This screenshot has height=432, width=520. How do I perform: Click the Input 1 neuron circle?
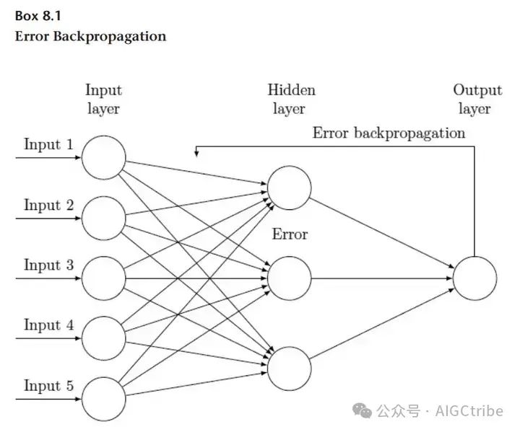[103, 157]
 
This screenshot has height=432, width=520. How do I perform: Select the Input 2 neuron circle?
[103, 217]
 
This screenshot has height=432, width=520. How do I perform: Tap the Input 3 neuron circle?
[103, 277]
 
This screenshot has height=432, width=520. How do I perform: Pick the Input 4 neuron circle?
[103, 337]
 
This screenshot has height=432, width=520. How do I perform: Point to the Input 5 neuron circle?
[103, 397]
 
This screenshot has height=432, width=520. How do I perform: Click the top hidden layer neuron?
[289, 187]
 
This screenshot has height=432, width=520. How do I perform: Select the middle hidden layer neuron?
[289, 277]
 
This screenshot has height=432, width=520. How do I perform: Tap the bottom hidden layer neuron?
[289, 368]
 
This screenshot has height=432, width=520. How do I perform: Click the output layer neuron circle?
[474, 278]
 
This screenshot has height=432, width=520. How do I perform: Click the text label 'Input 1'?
[48, 144]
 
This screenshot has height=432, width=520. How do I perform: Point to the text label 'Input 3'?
[48, 265]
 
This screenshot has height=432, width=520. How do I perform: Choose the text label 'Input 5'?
[48, 385]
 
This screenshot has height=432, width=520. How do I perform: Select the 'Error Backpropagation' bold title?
[90, 35]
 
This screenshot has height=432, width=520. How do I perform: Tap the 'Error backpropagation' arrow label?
[389, 133]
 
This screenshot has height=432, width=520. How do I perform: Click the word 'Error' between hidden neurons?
[290, 234]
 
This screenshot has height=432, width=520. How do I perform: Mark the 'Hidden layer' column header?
[291, 100]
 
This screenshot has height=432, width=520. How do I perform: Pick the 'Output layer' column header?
[477, 100]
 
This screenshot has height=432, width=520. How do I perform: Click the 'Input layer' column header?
[103, 100]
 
